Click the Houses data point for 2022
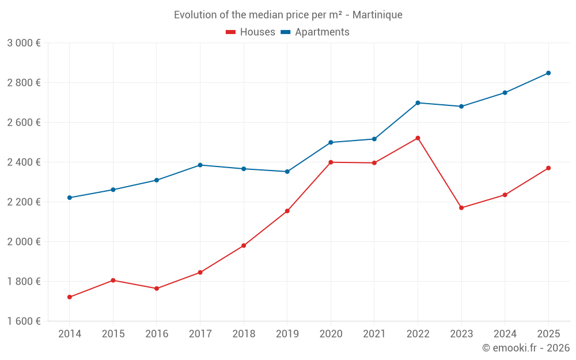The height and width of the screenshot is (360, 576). [x=418, y=138]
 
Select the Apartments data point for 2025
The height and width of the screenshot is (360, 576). [x=548, y=73]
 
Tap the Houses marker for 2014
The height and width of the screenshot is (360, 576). [x=70, y=297]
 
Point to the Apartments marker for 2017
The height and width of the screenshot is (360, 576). [x=200, y=165]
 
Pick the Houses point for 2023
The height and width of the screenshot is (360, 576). [x=461, y=208]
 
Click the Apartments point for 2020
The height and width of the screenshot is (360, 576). [x=331, y=142]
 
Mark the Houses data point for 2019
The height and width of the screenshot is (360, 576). [x=287, y=211]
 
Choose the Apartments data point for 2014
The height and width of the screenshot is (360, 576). [x=70, y=198]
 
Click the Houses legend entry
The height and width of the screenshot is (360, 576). [x=251, y=32]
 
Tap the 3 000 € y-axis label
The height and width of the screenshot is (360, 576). [x=24, y=43]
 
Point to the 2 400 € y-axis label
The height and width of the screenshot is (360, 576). [x=24, y=162]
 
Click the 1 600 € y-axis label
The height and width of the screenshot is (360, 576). [x=24, y=321]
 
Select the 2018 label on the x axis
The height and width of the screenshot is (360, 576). [x=244, y=334]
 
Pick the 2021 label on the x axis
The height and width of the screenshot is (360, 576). [x=374, y=334]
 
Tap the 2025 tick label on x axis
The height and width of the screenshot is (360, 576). [x=548, y=334]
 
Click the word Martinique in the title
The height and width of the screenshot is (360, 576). [x=378, y=14]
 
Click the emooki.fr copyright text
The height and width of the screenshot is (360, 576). [x=526, y=348]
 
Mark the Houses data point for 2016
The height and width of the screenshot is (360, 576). [x=157, y=289]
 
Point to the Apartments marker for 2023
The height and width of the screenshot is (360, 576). [x=461, y=107]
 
